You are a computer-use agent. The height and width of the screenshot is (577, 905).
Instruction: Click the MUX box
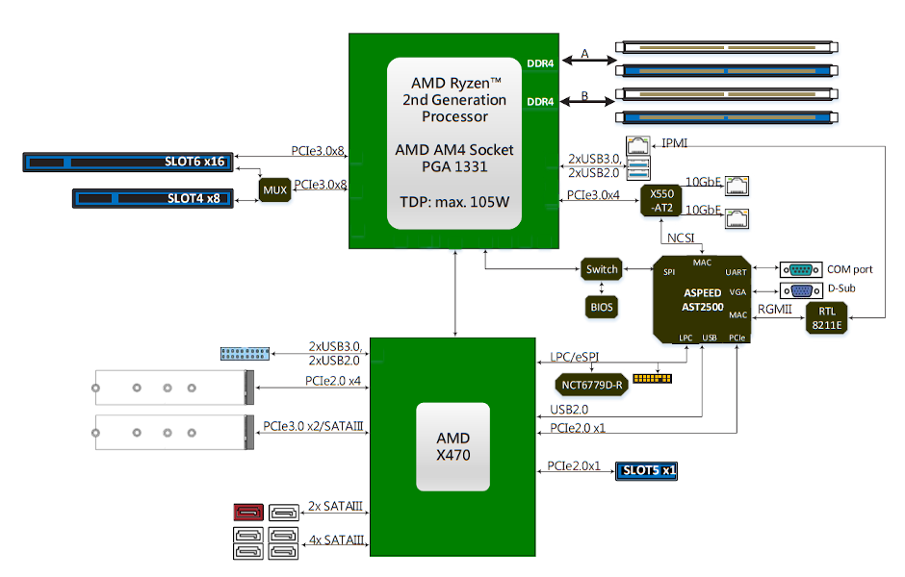[x=275, y=189]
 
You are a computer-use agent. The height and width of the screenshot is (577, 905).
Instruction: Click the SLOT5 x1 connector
[x=647, y=470]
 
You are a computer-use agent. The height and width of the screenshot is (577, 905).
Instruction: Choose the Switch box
[x=602, y=270]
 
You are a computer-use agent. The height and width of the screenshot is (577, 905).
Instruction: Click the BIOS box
[x=602, y=307]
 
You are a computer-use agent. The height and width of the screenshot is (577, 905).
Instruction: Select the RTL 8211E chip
[x=827, y=316]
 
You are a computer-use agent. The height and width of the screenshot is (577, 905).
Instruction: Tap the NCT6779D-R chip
[x=592, y=385]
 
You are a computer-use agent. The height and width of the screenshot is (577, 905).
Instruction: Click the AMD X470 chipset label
[x=452, y=447]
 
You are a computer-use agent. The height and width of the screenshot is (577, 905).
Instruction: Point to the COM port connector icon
[x=799, y=269]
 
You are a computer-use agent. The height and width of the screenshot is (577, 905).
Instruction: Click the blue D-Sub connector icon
[x=799, y=289]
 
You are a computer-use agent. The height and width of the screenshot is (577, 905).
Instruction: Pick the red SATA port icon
[x=248, y=514]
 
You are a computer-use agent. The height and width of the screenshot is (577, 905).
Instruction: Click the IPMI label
[x=674, y=143]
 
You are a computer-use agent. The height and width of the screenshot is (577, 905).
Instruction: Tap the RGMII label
[x=776, y=309]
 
